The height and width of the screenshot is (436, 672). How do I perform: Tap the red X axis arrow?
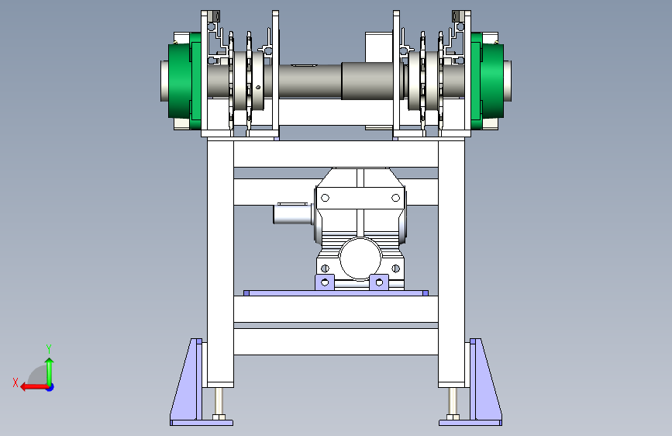34,387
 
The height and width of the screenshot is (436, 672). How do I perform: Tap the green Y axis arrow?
50,372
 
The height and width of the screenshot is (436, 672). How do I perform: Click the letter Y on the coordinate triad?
49,348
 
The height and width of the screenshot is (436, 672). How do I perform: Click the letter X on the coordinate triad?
16,382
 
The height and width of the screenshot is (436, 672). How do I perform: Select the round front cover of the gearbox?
360,259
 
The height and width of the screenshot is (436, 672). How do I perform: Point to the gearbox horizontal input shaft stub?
293,213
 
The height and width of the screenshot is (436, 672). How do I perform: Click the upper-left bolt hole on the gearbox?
325,198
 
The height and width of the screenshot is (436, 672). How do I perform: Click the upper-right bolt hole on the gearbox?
395,198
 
